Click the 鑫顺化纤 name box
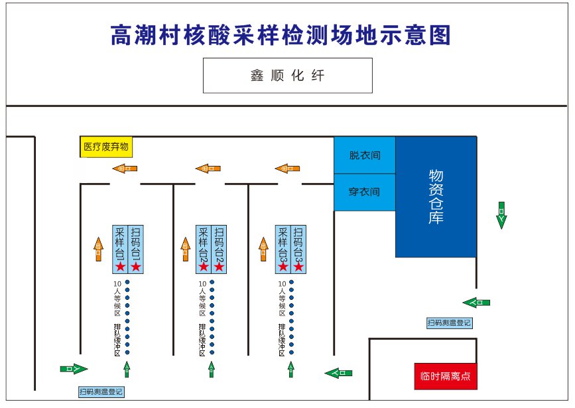click(x=287, y=76)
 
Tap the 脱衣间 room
click(x=364, y=155)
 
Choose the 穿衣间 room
click(x=364, y=192)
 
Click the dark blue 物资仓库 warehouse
click(x=436, y=196)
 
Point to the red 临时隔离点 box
click(x=445, y=377)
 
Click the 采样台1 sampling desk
click(x=120, y=243)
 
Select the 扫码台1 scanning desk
click(x=135, y=243)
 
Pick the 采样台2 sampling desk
click(x=204, y=243)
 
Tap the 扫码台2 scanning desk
click(x=219, y=243)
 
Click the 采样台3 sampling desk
click(x=283, y=243)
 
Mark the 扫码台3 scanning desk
click(x=298, y=243)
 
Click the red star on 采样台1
click(x=120, y=266)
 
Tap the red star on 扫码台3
click(x=298, y=266)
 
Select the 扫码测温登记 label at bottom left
click(x=101, y=391)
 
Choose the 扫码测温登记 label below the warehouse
click(x=449, y=323)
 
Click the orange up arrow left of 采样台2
click(x=186, y=249)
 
